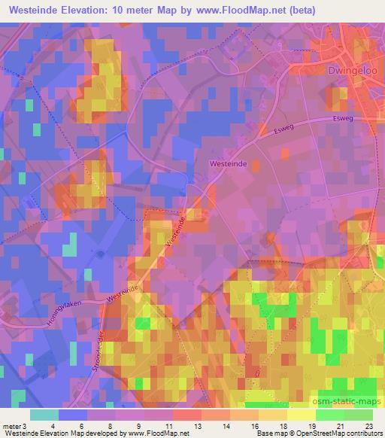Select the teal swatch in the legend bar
pos(44,415)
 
